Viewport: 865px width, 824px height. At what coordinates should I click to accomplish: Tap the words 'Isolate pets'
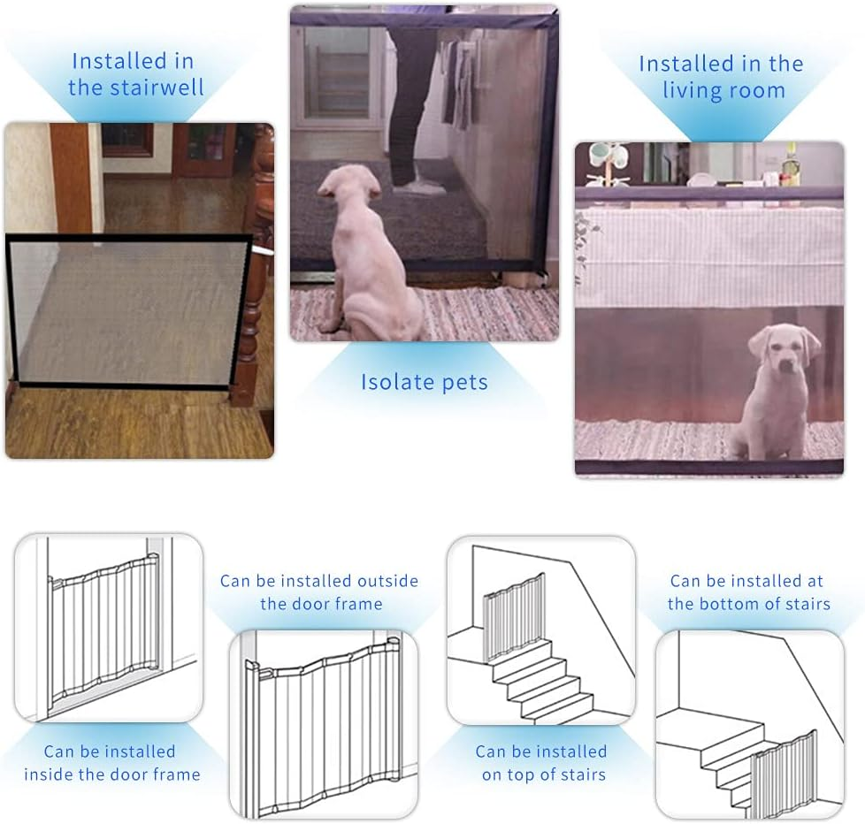coord(424,382)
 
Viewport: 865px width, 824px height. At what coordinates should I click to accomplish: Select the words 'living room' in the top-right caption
coord(723,90)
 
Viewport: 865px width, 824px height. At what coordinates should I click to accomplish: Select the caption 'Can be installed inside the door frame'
coord(111,763)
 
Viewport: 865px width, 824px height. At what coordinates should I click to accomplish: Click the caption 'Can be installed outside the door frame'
coord(319,592)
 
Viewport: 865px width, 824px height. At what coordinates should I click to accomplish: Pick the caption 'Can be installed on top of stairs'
coord(541,763)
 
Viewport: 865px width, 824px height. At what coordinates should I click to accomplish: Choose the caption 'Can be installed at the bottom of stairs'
coord(748,592)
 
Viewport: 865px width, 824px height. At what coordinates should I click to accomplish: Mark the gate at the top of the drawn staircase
coord(514,616)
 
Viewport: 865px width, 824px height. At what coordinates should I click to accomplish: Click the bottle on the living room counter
coord(790,166)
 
